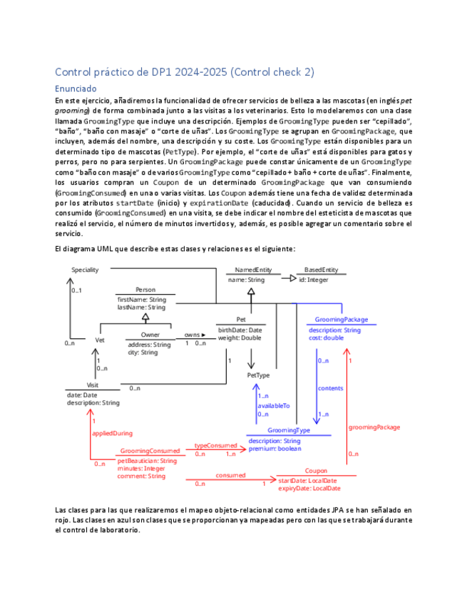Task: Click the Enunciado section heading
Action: pyautogui.click(x=76, y=89)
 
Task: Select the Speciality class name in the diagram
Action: pyautogui.click(x=85, y=270)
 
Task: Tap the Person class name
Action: pyautogui.click(x=145, y=290)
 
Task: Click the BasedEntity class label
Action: pyautogui.click(x=321, y=270)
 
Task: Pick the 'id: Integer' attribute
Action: pyautogui.click(x=313, y=280)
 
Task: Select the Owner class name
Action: pyautogui.click(x=150, y=334)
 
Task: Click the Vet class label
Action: pyautogui.click(x=99, y=340)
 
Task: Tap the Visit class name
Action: pyautogui.click(x=93, y=385)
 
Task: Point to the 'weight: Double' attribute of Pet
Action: pyautogui.click(x=240, y=338)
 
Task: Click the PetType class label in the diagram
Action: pyautogui.click(x=258, y=375)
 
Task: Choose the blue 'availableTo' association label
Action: pyautogui.click(x=274, y=405)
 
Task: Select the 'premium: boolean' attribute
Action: pyautogui.click(x=274, y=449)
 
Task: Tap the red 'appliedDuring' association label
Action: pyautogui.click(x=113, y=433)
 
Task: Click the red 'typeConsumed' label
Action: pyautogui.click(x=216, y=445)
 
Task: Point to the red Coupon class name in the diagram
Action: pyautogui.click(x=316, y=471)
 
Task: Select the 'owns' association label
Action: pyautogui.click(x=193, y=334)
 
